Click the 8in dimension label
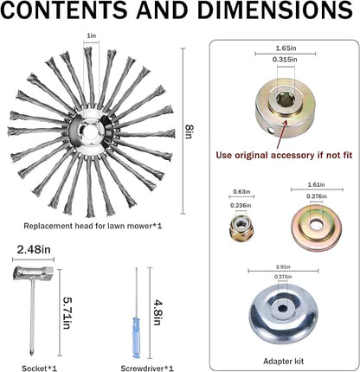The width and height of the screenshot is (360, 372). (189, 131)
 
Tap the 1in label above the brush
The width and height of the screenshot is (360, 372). (91, 35)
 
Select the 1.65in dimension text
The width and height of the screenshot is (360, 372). (286, 48)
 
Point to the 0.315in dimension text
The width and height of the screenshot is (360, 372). (285, 60)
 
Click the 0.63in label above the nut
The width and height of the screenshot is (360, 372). (241, 191)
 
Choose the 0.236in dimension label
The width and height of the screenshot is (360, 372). (241, 205)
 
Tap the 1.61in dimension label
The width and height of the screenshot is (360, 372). (316, 184)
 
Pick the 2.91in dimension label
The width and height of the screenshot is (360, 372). (283, 266)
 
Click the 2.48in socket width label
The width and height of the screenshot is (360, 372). (34, 249)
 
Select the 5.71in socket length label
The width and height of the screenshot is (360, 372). (67, 313)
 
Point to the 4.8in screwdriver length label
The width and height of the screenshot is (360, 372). (158, 313)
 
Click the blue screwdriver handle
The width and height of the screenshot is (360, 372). (136, 337)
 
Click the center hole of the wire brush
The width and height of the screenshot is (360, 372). (90, 131)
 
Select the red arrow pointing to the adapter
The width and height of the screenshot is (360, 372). (281, 134)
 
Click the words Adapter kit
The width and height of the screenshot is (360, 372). (283, 361)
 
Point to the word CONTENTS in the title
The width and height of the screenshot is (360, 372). (65, 10)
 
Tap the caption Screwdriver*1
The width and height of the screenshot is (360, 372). (147, 369)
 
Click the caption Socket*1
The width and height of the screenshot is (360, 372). (40, 369)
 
